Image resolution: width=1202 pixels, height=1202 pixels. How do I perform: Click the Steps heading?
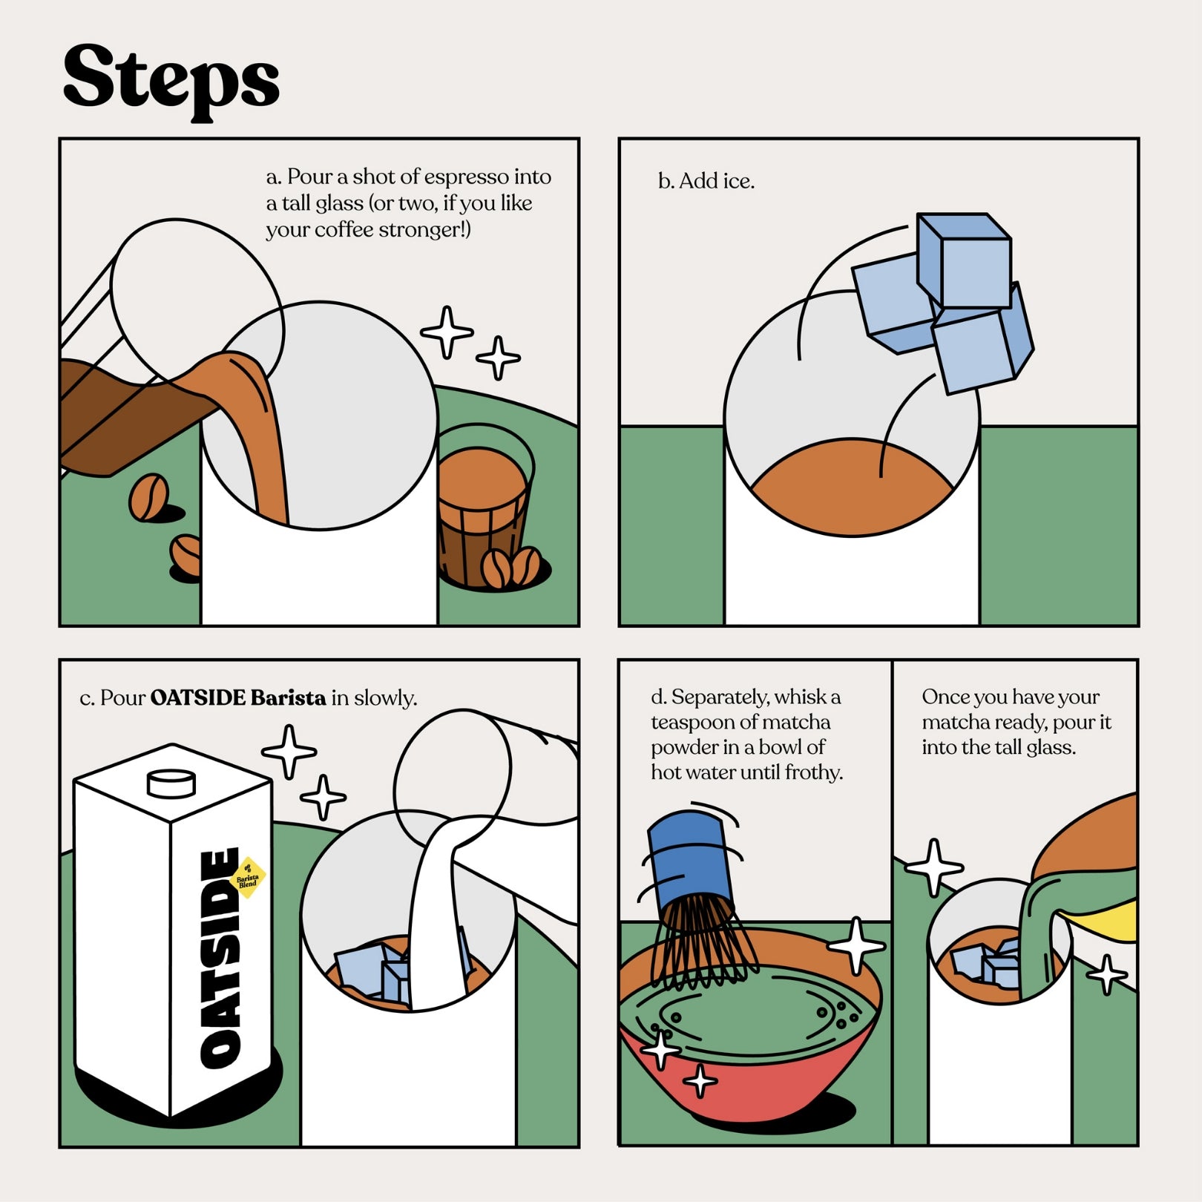pos(171,80)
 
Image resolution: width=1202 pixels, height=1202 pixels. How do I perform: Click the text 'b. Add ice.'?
pos(706,181)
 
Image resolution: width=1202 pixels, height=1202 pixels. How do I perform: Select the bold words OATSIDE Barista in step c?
pos(238,697)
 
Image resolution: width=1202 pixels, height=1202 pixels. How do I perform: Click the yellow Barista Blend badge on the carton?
pos(249,878)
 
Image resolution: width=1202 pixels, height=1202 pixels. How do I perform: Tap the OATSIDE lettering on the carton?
pos(221,958)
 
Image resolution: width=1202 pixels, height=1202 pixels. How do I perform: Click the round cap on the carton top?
pos(171,783)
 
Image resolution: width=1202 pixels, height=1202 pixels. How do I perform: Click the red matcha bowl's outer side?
pos(742,1080)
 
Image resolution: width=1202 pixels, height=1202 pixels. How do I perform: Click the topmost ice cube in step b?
pos(964,260)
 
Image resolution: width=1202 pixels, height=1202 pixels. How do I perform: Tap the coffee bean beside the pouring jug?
pos(149,496)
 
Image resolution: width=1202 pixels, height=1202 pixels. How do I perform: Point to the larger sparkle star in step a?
pos(447,332)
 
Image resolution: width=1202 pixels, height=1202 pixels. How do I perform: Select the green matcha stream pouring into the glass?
pos(1039,935)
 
